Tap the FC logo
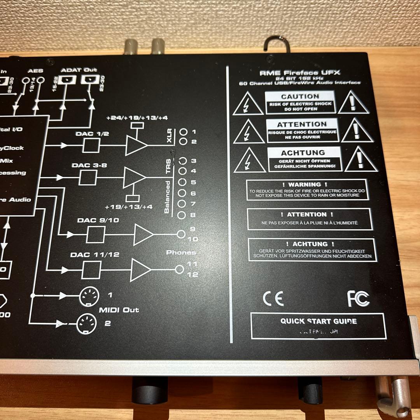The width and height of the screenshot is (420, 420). (x=358, y=299)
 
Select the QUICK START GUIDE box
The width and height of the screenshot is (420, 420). (x=318, y=325)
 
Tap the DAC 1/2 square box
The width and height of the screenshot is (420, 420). (x=91, y=145)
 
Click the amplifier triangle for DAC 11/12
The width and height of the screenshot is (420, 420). (x=140, y=269)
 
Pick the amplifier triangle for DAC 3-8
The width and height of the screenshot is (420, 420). (x=134, y=178)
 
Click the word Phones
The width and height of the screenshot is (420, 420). (x=181, y=252)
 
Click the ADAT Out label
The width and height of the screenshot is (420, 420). (x=79, y=70)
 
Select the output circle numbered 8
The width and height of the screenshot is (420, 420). (x=181, y=215)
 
